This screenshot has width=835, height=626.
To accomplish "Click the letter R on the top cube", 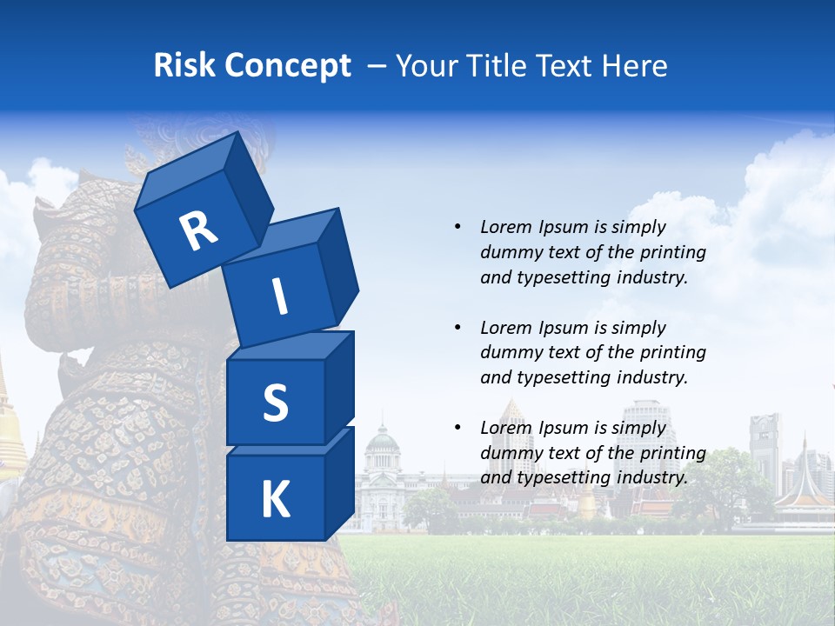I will click(x=199, y=230).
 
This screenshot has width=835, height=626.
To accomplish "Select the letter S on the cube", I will click(x=275, y=403).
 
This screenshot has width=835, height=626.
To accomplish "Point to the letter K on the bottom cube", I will click(x=276, y=500).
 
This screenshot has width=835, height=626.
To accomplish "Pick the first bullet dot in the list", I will click(x=458, y=228).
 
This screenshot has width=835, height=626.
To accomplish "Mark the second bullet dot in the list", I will click(x=458, y=329).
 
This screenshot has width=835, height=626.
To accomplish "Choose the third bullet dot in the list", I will click(x=458, y=429).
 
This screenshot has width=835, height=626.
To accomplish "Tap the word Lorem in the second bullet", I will click(x=506, y=328).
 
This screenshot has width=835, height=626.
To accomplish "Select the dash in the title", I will click(x=378, y=66).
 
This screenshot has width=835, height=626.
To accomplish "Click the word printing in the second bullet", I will click(x=672, y=353).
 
